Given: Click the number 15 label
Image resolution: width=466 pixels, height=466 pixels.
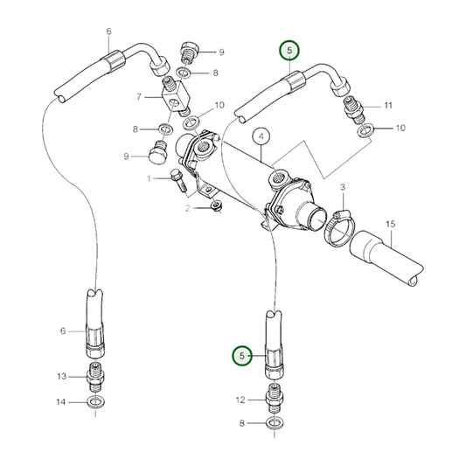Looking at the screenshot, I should point(391,223).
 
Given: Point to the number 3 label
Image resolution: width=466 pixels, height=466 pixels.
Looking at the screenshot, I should point(344,188).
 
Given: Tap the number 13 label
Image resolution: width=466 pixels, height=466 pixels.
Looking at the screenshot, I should point(62,377).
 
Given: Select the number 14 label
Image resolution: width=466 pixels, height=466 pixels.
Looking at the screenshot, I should point(62,402).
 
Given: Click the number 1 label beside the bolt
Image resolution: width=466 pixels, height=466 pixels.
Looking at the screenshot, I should point(150,178).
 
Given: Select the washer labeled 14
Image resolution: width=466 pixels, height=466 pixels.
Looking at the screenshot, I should point(95,403).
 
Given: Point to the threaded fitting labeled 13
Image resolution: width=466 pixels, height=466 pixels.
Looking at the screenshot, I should point(95,378).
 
